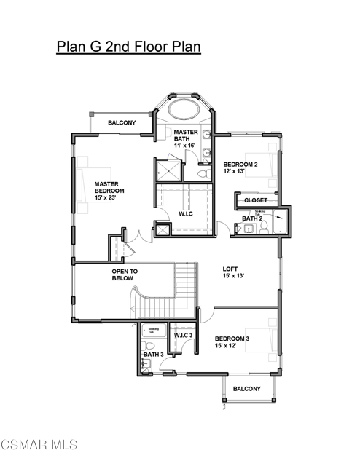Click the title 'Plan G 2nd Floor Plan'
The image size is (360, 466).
click(128, 47)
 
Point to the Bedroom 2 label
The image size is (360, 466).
click(240, 165)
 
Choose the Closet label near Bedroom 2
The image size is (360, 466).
click(255, 200)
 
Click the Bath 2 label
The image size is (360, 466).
click(252, 218)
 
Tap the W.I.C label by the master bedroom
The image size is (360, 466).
click(186, 213)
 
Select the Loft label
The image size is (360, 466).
click(230, 269)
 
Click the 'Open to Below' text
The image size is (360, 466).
click(125, 275)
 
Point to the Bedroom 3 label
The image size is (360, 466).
click(232, 339)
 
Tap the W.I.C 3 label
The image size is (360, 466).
click(183, 335)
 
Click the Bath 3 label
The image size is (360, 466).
click(152, 355)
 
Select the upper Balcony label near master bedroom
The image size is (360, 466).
click(122, 123)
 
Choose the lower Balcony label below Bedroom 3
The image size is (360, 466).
click(246, 389)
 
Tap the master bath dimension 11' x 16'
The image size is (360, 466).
click(186, 146)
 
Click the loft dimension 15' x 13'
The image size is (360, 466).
click(233, 276)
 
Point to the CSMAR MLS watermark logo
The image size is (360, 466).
click(39, 443)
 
